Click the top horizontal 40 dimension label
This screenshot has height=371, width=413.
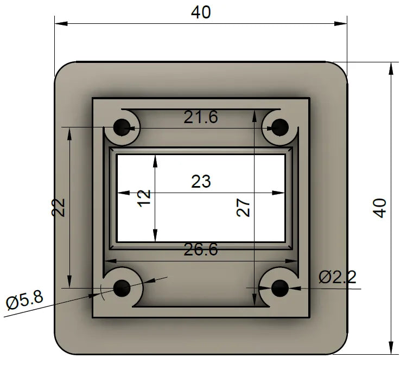coord(201,12)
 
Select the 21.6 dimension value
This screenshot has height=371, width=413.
coord(201,117)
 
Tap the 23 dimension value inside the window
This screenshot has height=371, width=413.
coord(201,181)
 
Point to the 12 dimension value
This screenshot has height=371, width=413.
coord(144,197)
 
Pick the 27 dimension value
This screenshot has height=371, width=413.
coord(244,207)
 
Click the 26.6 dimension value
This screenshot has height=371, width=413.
coord(201,250)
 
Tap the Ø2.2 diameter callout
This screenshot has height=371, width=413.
coord(338,277)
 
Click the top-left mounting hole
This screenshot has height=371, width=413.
coord(122,128)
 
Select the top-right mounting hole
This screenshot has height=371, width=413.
coord(280,128)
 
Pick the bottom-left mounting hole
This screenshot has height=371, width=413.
coord(122,287)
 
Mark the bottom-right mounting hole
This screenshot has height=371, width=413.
coord(280,288)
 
